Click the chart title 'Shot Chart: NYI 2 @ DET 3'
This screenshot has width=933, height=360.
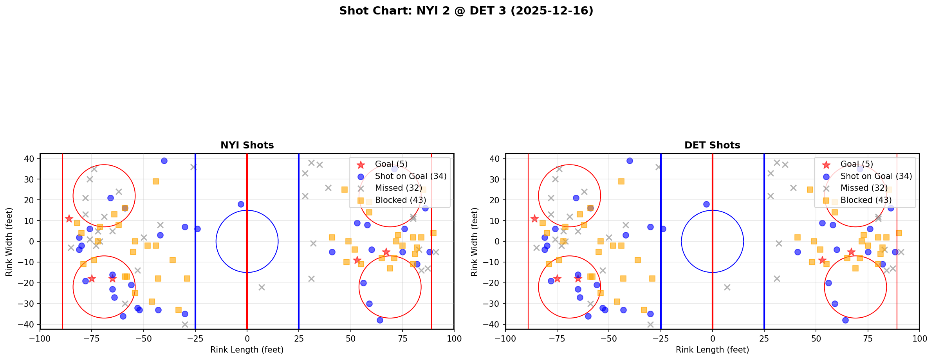466,11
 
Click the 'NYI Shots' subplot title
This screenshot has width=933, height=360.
247,145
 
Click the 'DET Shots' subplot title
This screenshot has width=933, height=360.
712,145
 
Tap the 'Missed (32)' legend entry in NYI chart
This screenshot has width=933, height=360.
399,188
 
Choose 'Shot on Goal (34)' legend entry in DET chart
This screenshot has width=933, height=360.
876,176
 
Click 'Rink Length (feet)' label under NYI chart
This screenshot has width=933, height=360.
247,350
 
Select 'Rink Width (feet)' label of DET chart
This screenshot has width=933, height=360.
475,241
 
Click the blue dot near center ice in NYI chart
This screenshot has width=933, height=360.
241,204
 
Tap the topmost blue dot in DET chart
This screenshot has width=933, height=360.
630,161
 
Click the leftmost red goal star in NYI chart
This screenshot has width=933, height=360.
69,219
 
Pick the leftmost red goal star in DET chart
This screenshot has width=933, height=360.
534,219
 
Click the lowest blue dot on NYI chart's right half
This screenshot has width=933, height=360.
379,320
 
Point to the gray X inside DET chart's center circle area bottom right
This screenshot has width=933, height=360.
727,287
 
